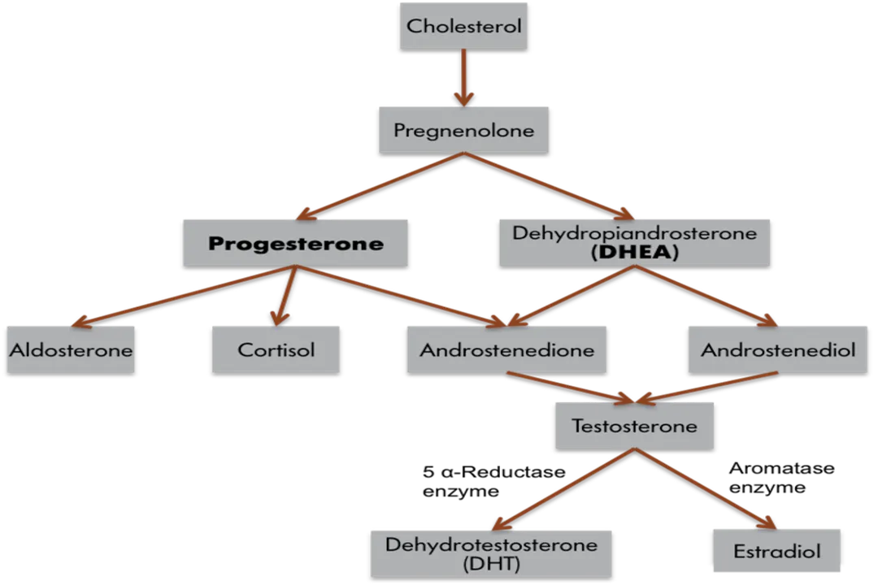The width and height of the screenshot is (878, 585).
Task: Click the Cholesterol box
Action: (x=463, y=24)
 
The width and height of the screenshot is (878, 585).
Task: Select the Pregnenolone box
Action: (x=463, y=129)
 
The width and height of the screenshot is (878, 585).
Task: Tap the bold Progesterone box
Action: (x=295, y=242)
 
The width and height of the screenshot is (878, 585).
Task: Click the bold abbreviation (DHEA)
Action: (x=634, y=253)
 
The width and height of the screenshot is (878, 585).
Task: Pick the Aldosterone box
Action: (x=71, y=350)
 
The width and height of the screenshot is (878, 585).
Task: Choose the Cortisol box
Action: (x=276, y=350)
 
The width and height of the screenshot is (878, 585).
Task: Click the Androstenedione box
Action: (x=506, y=350)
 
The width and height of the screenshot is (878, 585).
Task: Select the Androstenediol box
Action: (x=777, y=350)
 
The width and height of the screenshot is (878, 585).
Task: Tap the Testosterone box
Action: (x=634, y=425)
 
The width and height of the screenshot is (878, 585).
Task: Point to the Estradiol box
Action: (x=776, y=551)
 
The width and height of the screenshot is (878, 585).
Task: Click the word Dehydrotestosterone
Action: (x=491, y=544)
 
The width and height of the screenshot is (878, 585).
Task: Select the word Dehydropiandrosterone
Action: (x=634, y=233)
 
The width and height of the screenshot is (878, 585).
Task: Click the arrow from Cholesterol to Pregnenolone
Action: (x=463, y=77)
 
